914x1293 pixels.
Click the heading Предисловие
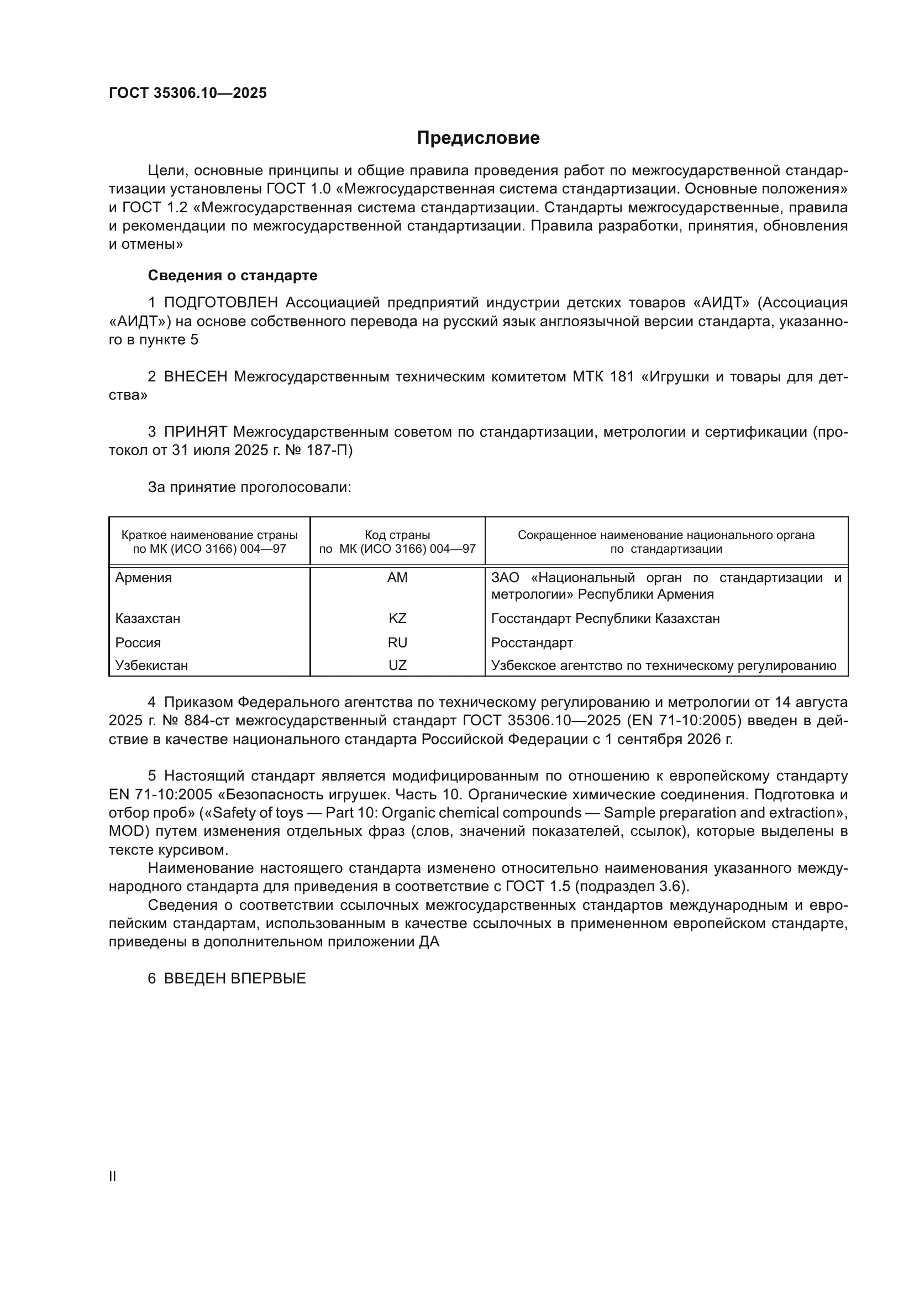pyautogui.click(x=478, y=138)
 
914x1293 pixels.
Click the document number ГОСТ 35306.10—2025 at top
pyautogui.click(x=187, y=93)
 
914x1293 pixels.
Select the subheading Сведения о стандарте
pyautogui.click(x=233, y=275)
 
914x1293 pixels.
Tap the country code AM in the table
pyautogui.click(x=397, y=578)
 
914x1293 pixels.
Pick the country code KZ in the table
pyautogui.click(x=397, y=619)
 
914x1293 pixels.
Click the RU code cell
pyautogui.click(x=397, y=642)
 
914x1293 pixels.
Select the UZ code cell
pyautogui.click(x=397, y=665)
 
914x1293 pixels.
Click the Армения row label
pyautogui.click(x=144, y=578)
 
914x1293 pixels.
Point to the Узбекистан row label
pyautogui.click(x=151, y=665)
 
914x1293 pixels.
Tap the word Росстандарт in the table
pyautogui.click(x=532, y=642)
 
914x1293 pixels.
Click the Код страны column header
pyautogui.click(x=397, y=535)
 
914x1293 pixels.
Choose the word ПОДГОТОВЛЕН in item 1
pyautogui.click(x=220, y=303)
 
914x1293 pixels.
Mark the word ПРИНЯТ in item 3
pyautogui.click(x=195, y=432)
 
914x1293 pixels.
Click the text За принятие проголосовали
pyautogui.click(x=249, y=487)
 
